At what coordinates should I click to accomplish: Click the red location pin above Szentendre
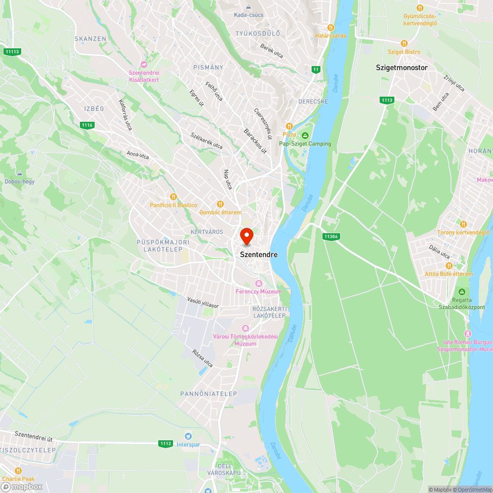pos(246,236)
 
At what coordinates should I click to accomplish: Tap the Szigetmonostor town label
pos(401,68)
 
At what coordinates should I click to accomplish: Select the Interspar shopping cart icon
pos(187,436)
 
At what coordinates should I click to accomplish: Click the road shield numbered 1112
pos(166,444)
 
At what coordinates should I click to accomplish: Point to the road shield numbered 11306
pos(331,237)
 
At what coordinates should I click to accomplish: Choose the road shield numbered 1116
pos(87,125)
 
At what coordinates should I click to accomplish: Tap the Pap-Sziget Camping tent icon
pos(305,136)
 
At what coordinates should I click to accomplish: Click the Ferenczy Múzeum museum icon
pos(258,283)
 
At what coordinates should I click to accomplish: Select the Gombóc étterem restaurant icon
pos(220,204)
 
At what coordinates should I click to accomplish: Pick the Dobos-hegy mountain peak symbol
pos(20,174)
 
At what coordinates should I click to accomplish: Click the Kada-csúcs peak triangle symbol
pos(248,7)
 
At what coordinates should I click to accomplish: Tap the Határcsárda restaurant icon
pos(331,28)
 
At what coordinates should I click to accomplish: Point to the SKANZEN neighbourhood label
pos(90,38)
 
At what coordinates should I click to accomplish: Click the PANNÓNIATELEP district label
pos(209,394)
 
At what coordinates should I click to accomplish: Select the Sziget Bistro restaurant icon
pos(404,43)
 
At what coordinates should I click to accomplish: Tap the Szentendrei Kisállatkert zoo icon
pos(144,65)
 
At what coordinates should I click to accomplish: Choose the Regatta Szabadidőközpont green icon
pos(462,292)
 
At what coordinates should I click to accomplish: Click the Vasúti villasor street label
pos(203,302)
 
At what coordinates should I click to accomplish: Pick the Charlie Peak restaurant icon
pos(18,470)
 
